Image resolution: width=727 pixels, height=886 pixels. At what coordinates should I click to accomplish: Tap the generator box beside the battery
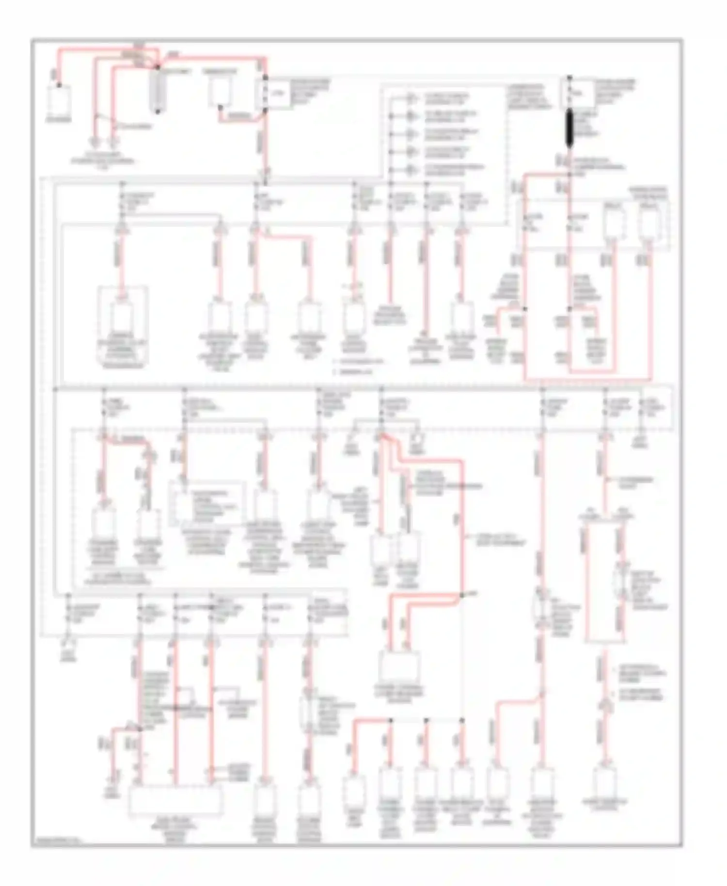pyautogui.click(x=221, y=90)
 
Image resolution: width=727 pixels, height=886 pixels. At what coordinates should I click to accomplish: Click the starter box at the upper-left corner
pyautogui.click(x=59, y=100)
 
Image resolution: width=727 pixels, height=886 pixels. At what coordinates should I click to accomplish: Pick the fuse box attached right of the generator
pyautogui.click(x=277, y=93)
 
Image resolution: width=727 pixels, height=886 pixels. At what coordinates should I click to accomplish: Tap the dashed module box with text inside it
pyautogui.click(x=206, y=504)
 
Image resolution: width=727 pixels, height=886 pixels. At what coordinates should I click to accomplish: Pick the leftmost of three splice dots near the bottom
pyautogui.click(x=390, y=721)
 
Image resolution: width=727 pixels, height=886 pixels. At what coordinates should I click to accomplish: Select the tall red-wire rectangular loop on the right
pyautogui.click(x=603, y=582)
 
